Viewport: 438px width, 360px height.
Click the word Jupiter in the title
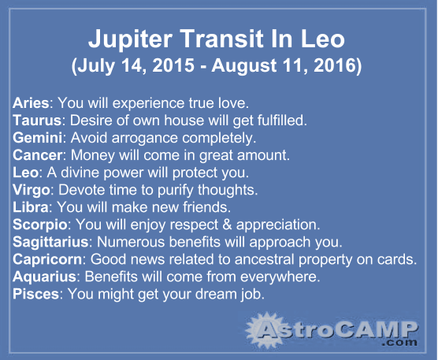pos(130,39)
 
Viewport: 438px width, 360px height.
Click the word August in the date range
pos(244,66)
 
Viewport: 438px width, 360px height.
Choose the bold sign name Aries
pos(31,102)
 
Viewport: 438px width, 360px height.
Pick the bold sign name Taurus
pos(37,121)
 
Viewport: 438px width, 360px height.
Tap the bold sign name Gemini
pos(38,138)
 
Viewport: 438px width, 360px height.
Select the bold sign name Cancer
pos(38,155)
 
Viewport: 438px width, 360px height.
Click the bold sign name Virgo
pos(32,191)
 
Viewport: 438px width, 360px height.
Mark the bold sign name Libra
pos(31,207)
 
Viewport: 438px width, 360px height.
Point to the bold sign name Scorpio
pos(40,225)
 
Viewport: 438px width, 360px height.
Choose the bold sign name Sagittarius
pos(50,243)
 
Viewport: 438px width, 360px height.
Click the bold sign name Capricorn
pos(47,260)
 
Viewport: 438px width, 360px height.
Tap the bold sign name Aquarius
pos(44,277)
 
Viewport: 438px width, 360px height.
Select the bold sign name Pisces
pos(35,294)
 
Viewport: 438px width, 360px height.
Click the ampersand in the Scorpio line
pos(227,225)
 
